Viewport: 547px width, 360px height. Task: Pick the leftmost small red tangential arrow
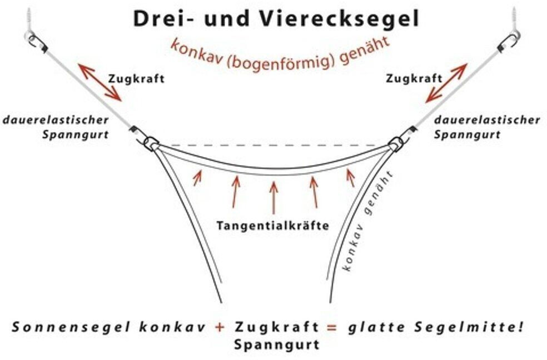[197, 177]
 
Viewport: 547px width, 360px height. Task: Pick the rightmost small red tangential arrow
[350, 177]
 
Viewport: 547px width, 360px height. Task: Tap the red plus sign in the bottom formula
[221, 327]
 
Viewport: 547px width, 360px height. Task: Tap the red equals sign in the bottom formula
[332, 327]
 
